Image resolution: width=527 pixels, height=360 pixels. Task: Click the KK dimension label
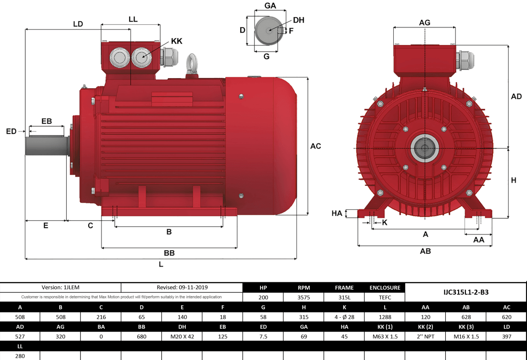tap(176, 41)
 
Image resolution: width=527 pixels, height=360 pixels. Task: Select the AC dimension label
tap(316, 146)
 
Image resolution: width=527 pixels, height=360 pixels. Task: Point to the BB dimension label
tap(169, 253)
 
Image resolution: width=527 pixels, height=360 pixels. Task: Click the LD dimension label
tap(78, 24)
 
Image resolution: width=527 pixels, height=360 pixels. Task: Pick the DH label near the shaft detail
tap(299, 20)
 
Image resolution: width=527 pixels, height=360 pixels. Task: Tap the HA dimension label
tap(337, 213)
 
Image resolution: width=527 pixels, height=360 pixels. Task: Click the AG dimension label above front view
tap(425, 23)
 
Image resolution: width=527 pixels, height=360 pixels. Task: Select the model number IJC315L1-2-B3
tap(465, 292)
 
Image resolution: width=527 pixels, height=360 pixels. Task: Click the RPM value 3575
tap(304, 297)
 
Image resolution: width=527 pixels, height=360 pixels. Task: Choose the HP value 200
tap(263, 297)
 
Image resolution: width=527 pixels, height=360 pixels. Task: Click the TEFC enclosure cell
tap(385, 297)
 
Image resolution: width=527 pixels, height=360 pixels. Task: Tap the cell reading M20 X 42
tap(182, 336)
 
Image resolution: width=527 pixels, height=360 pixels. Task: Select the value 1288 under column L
tap(385, 317)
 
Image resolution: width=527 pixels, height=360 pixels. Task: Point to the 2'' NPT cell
tap(425, 336)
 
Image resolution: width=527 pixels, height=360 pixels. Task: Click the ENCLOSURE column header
tap(385, 287)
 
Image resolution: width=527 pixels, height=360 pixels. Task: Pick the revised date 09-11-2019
tap(182, 287)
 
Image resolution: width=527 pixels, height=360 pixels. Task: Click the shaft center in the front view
tap(425, 148)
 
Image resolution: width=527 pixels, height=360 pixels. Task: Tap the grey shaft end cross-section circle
tap(268, 31)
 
